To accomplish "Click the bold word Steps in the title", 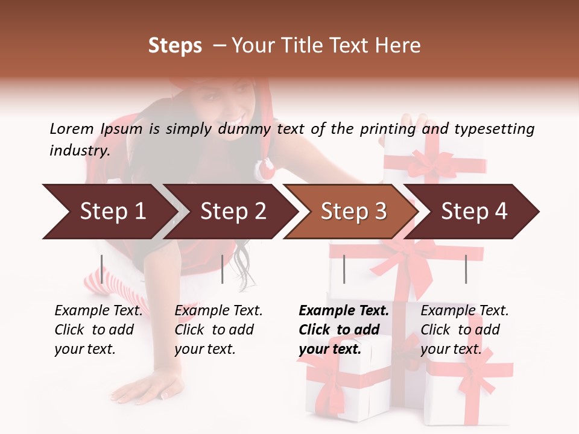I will tap(175, 46).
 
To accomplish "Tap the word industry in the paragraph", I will tap(80, 150).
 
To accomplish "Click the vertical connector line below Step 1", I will tap(102, 269).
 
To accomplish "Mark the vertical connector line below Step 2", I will tap(223, 269).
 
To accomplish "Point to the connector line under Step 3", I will tap(344, 269).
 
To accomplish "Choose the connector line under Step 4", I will tap(466, 269).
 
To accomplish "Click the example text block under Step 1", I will tap(98, 330).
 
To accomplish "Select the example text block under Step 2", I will tap(218, 330).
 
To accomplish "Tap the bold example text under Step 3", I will tap(343, 330).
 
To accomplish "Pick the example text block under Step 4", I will tap(464, 330).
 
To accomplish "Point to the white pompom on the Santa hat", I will tap(265, 168).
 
